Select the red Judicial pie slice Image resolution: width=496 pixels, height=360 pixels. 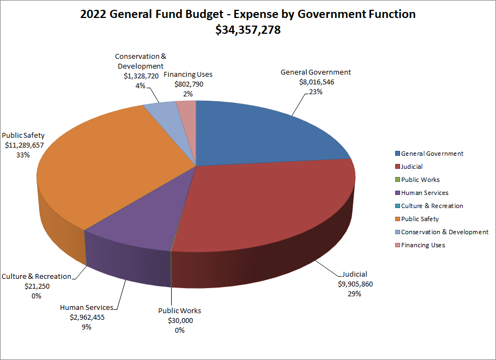(267, 207)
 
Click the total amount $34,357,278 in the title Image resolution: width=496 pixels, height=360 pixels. (248, 30)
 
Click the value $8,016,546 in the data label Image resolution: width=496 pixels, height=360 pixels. (316, 82)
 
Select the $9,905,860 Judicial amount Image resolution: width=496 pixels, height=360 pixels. (355, 284)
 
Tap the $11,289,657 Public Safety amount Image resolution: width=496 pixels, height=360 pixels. (24, 145)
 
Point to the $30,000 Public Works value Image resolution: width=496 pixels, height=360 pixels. (180, 320)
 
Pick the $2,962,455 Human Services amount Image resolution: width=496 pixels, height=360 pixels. (86, 317)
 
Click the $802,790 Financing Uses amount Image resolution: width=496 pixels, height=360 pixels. (188, 84)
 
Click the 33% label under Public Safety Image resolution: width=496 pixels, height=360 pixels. (23, 155)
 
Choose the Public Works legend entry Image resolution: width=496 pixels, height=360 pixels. (420, 180)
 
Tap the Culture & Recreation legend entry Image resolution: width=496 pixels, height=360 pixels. (432, 206)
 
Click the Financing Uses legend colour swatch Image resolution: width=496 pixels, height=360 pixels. (397, 245)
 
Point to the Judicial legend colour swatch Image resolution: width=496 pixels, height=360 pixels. (397, 167)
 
